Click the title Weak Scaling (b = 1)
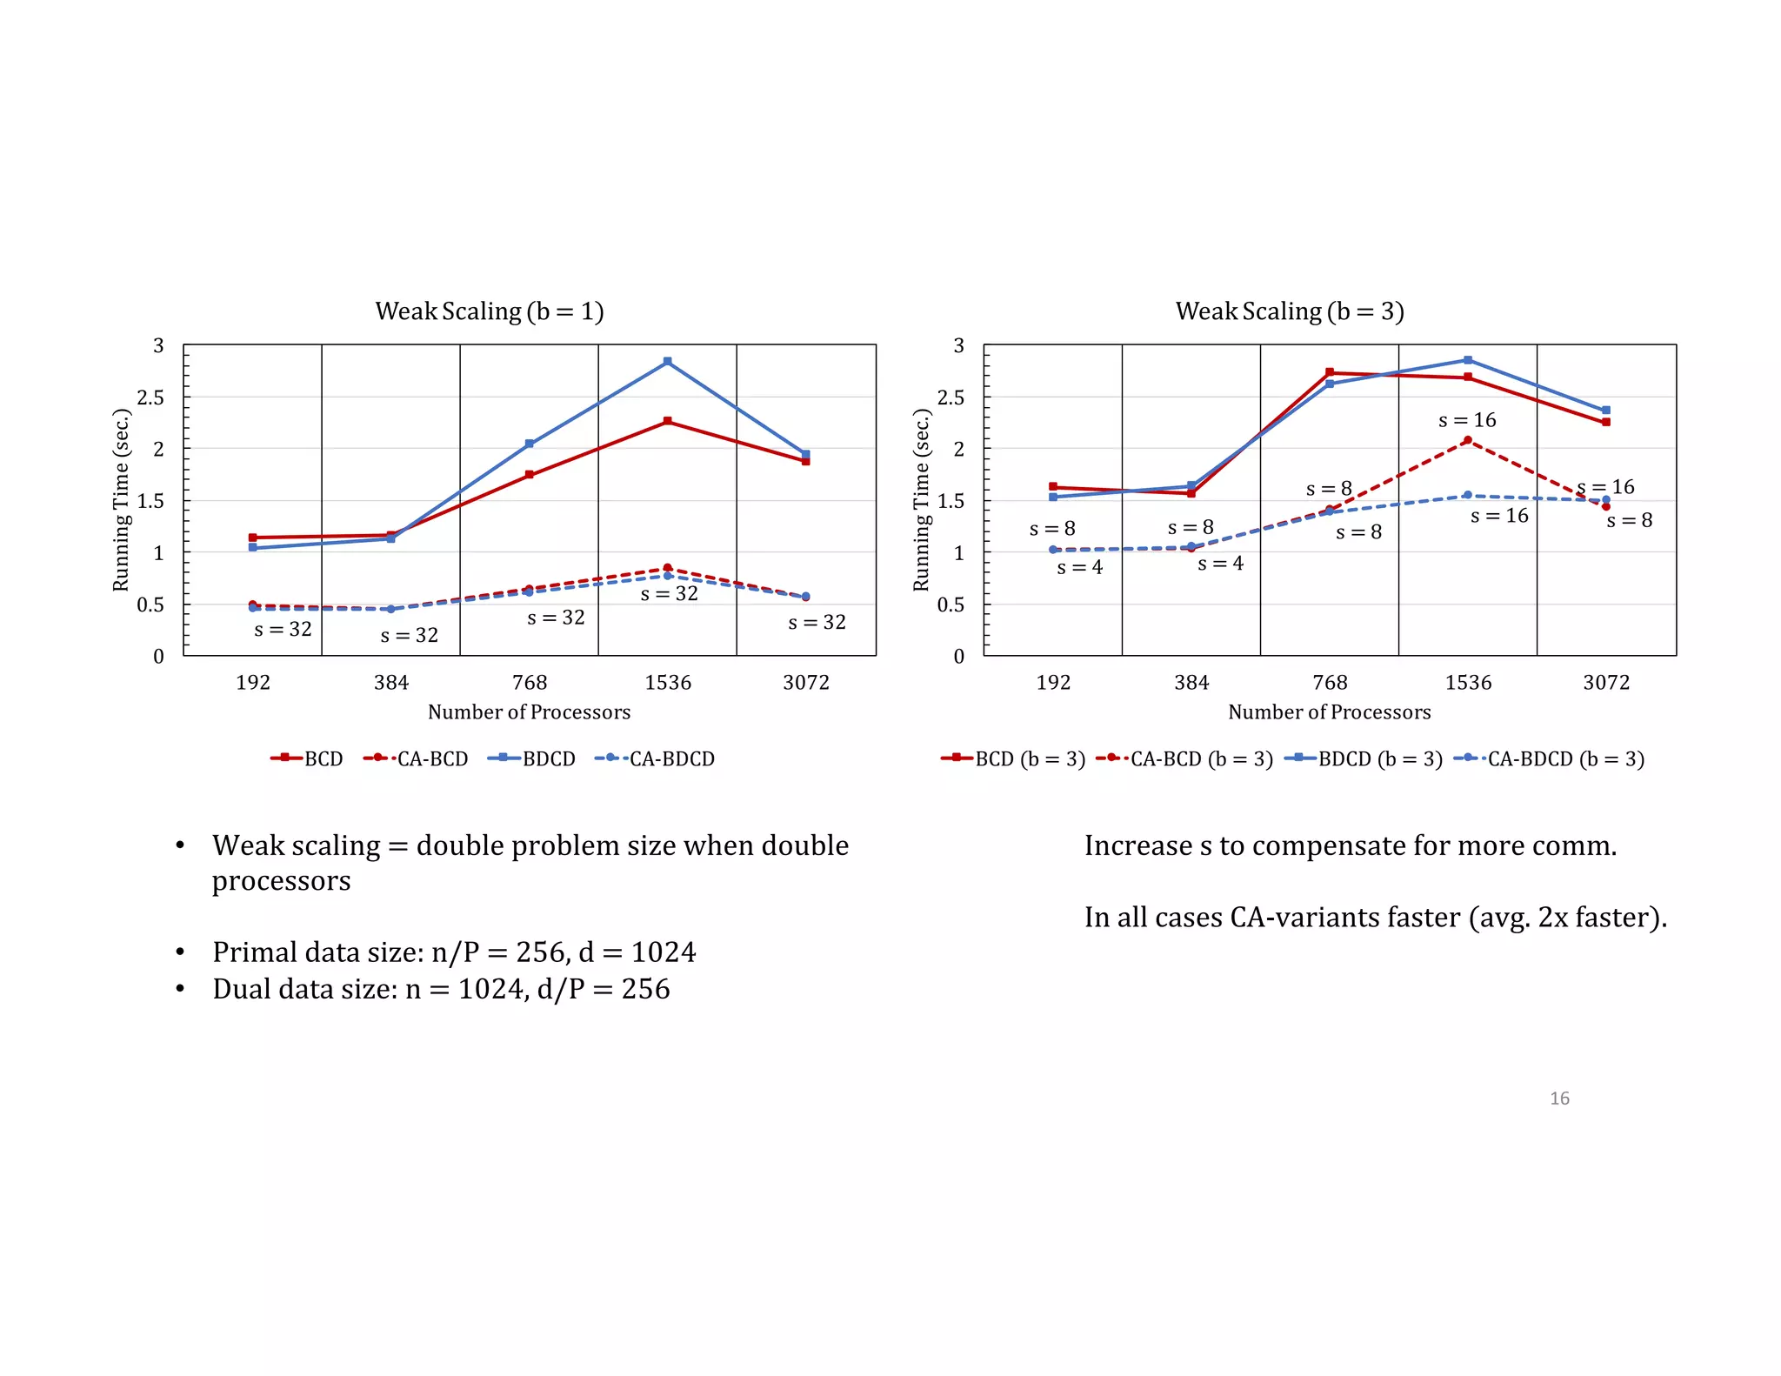pyautogui.click(x=489, y=311)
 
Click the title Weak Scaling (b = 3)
pyautogui.click(x=1289, y=311)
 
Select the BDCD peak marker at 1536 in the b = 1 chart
pyautogui.click(x=667, y=361)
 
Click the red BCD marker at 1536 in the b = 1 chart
pyautogui.click(x=667, y=421)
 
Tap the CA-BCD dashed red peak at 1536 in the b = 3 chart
pyautogui.click(x=1468, y=440)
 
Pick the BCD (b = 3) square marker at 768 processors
pyautogui.click(x=1330, y=372)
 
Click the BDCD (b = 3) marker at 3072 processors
pyautogui.click(x=1606, y=410)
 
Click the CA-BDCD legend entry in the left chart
pyautogui.click(x=655, y=758)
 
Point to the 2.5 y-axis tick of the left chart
pyautogui.click(x=150, y=397)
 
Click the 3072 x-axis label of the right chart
pyautogui.click(x=1606, y=682)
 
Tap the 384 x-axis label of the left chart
pyautogui.click(x=391, y=682)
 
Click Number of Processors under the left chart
pyautogui.click(x=529, y=712)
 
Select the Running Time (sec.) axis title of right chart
pyautogui.click(x=921, y=500)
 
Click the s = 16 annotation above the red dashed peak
pyautogui.click(x=1467, y=420)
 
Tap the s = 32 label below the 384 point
pyautogui.click(x=409, y=636)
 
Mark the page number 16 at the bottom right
pyautogui.click(x=1559, y=1099)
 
